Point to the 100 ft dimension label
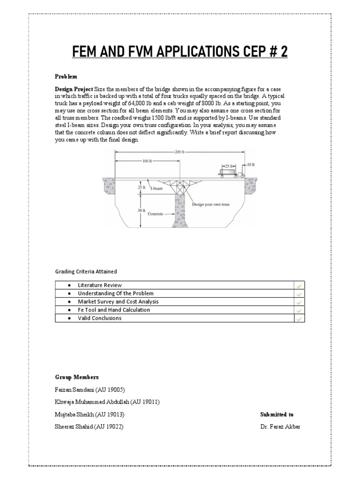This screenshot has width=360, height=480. (148, 161)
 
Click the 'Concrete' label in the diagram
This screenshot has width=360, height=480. (155, 214)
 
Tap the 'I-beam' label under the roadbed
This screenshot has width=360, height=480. (157, 187)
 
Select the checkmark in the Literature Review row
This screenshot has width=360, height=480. (299, 285)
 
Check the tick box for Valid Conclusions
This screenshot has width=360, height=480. (299, 318)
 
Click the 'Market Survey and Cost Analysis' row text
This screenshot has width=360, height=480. (118, 302)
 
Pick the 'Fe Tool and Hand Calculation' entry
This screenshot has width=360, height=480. (114, 310)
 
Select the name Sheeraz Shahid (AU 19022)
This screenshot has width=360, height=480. (90, 426)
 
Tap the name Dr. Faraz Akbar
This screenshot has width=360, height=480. (280, 426)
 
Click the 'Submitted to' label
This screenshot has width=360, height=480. (277, 414)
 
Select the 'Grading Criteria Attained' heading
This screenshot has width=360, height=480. (86, 271)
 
